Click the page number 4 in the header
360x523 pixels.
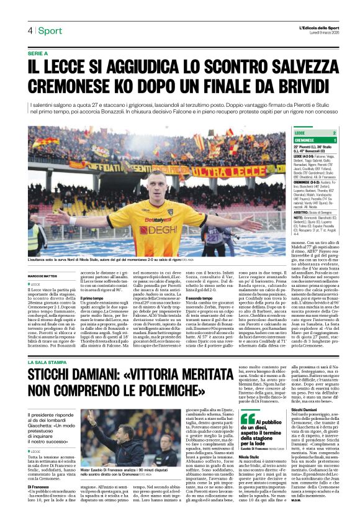pyautogui.click(x=29, y=30)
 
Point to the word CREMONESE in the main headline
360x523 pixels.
pyautogui.click(x=71, y=84)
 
